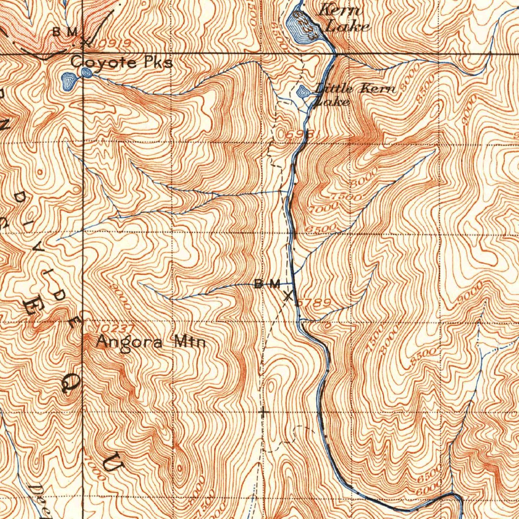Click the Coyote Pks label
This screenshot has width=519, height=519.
(122, 63)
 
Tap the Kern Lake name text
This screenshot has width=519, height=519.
(344, 18)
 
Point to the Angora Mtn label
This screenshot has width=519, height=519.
(151, 343)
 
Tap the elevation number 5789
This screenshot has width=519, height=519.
(315, 303)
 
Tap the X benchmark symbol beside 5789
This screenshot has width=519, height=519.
(288, 295)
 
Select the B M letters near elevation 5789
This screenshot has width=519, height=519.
(267, 284)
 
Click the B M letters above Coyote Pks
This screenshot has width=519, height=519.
(66, 32)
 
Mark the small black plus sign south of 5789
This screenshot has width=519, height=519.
(263, 413)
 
